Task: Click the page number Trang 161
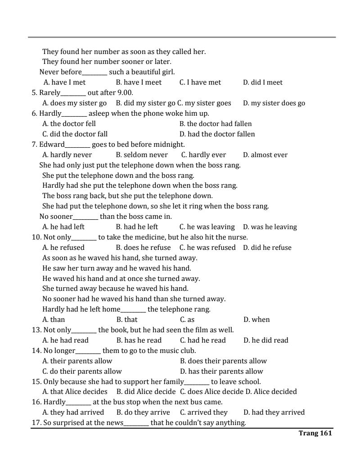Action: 315,433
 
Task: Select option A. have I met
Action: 64,82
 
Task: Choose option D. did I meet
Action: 263,82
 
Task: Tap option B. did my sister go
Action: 145,103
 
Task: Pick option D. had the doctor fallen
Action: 217,134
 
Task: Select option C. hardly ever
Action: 203,155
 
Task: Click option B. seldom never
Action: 142,155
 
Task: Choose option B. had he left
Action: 137,227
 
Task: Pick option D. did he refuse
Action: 267,248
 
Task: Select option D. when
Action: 256,320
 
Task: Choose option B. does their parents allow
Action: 223,361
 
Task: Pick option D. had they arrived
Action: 274,412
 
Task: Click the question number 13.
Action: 36,330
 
